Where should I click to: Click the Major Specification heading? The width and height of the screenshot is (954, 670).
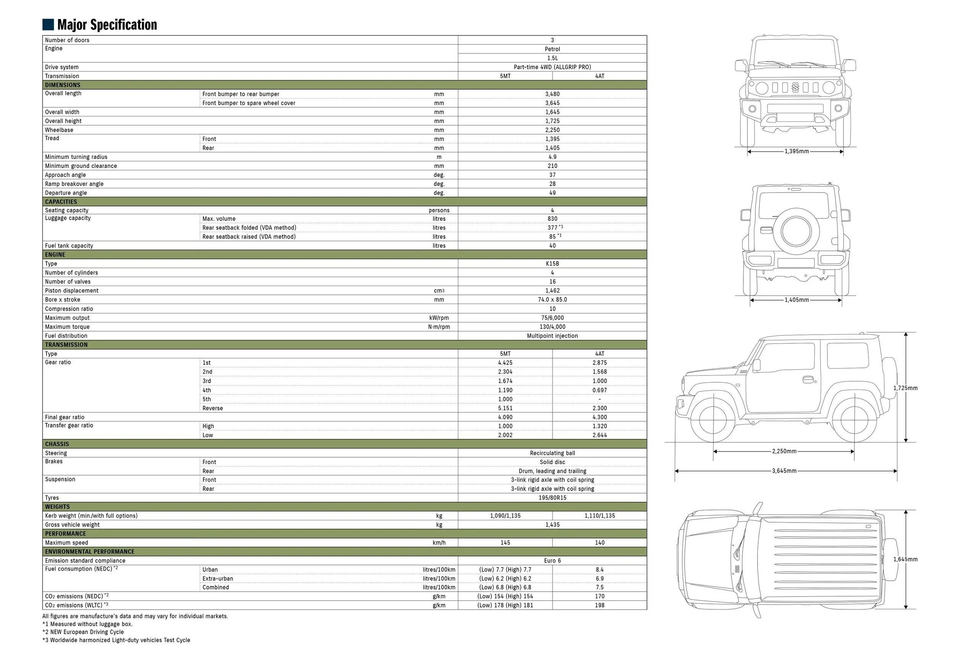click(x=107, y=25)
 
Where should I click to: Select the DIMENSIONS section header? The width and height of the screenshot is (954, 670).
click(x=63, y=85)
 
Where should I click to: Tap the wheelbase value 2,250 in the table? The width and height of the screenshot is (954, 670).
click(x=552, y=130)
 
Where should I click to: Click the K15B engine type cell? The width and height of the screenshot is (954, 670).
click(x=552, y=264)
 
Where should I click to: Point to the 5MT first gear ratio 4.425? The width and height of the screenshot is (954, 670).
click(x=505, y=363)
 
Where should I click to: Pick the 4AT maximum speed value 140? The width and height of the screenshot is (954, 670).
click(x=599, y=543)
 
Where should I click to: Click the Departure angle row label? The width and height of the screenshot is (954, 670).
click(x=66, y=193)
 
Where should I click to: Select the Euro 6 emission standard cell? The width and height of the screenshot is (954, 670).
click(x=552, y=561)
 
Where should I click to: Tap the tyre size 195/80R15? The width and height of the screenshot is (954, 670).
click(x=552, y=498)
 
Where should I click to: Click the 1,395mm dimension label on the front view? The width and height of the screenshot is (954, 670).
click(x=796, y=151)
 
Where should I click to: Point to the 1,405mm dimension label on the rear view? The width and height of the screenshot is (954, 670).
click(x=796, y=300)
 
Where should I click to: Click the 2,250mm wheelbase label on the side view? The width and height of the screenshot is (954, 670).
click(x=784, y=451)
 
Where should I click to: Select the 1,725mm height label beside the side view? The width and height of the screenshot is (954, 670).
click(x=906, y=388)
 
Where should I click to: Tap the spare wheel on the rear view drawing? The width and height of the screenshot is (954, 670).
click(x=796, y=231)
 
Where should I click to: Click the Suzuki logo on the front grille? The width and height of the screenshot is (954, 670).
click(x=795, y=87)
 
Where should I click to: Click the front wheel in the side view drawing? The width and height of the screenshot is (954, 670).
click(x=713, y=421)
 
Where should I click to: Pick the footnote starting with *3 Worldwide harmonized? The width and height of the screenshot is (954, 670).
click(x=116, y=640)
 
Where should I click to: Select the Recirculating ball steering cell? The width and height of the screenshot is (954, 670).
click(x=552, y=453)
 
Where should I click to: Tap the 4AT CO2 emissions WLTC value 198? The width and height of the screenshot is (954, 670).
click(x=599, y=605)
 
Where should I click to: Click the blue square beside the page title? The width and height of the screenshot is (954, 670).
click(x=48, y=24)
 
